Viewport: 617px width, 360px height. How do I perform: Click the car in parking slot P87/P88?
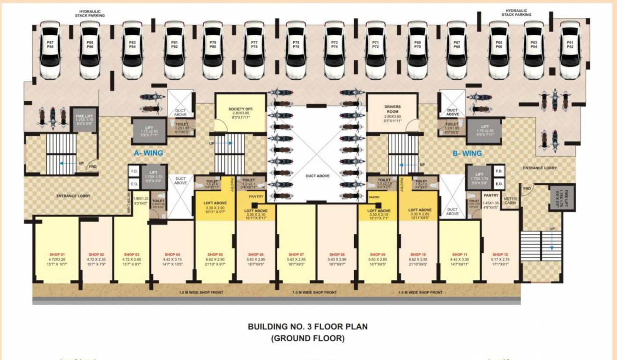pyautogui.click(x=50, y=50)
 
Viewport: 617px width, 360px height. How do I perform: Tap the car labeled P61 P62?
pyautogui.click(x=570, y=50)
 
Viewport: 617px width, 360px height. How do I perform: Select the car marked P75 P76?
pyautogui.click(x=296, y=50)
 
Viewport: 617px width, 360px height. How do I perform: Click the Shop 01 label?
pyautogui.click(x=57, y=254)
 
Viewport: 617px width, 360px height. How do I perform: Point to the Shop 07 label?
pyautogui.click(x=296, y=254)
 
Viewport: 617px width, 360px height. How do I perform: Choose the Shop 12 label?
pyautogui.click(x=500, y=254)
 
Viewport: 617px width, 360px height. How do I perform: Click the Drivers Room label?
pyautogui.click(x=393, y=109)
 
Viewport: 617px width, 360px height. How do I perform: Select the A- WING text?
pyautogui.click(x=148, y=153)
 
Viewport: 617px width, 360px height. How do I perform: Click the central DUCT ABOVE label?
pyautogui.click(x=317, y=175)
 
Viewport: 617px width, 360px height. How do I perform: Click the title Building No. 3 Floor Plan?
pyautogui.click(x=308, y=327)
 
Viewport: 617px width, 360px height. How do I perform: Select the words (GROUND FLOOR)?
pyautogui.click(x=308, y=337)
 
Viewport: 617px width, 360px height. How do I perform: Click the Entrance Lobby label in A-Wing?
pyautogui.click(x=74, y=195)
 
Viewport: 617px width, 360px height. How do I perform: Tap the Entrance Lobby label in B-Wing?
pyautogui.click(x=539, y=167)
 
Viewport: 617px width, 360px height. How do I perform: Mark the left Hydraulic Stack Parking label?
pyautogui.click(x=90, y=13)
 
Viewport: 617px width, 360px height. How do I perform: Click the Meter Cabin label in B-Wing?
pyautogui.click(x=510, y=201)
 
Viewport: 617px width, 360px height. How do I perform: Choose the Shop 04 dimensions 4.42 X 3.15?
pyautogui.click(x=171, y=259)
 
